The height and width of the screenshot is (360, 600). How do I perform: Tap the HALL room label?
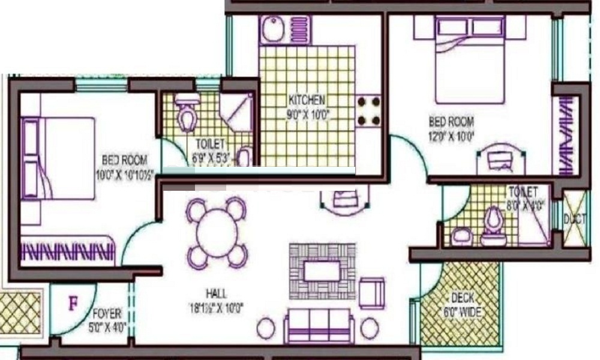[x=216, y=294]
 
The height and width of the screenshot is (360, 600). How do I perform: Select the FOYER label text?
[x=107, y=313]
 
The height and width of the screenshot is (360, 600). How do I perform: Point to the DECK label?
[x=463, y=298]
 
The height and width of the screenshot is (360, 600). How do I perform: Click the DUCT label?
[x=575, y=220]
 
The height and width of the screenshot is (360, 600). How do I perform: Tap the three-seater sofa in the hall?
[x=318, y=327]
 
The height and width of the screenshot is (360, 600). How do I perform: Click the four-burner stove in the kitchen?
[x=368, y=111]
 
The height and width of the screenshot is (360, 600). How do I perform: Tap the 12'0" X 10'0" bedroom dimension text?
[x=451, y=136]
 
